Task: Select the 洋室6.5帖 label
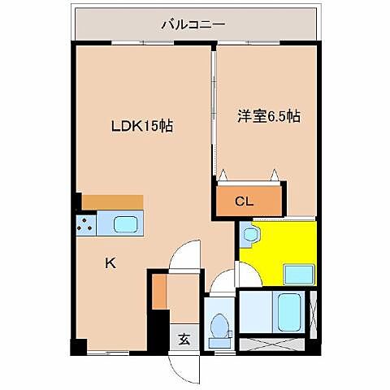[x=268, y=116]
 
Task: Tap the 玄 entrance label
[x=185, y=340]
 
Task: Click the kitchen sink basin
[x=125, y=223]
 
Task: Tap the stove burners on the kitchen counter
[x=85, y=223]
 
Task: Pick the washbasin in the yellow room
[x=250, y=236]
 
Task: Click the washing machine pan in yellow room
[x=297, y=272]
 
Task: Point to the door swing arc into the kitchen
[x=185, y=256]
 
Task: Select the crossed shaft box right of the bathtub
[x=314, y=312]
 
